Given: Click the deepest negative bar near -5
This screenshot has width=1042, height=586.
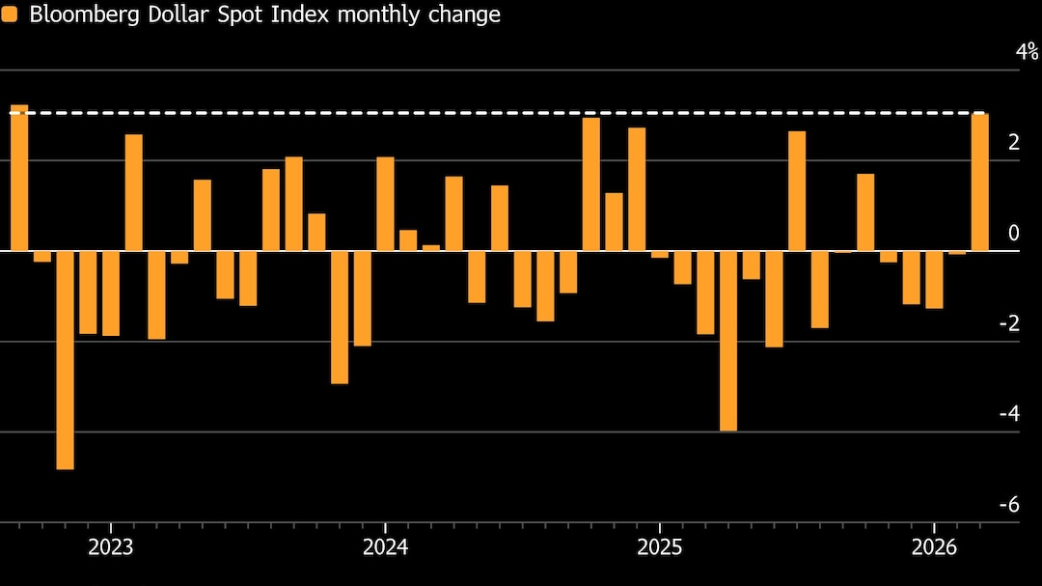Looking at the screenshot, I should coord(65,359).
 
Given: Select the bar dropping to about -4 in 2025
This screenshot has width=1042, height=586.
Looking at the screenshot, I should coord(728,340).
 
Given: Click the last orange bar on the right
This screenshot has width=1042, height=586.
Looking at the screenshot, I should coord(979,182).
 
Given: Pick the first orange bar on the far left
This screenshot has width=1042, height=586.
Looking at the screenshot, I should coord(19,178).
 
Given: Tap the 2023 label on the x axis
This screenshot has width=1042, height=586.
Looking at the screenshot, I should coord(111,548).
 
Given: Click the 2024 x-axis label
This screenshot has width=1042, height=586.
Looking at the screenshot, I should coord(385,548).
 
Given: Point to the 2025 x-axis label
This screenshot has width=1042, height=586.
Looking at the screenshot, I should coord(659,548).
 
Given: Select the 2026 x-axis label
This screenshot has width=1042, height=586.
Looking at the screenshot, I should coord(934,548).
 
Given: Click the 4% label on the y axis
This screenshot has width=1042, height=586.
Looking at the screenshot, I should coord(1027,51).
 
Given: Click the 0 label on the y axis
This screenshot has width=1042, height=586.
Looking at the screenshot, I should coord(1013,233).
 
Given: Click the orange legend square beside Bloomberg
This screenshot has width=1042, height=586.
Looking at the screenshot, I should coord(10,14).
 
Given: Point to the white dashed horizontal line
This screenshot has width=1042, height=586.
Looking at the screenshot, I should coord(482,113).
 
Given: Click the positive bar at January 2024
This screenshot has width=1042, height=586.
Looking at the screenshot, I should coord(385,204).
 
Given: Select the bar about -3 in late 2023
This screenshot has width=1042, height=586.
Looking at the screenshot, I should coord(340,317).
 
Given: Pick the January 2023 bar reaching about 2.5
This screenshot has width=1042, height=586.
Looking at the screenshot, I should coord(134,192).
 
